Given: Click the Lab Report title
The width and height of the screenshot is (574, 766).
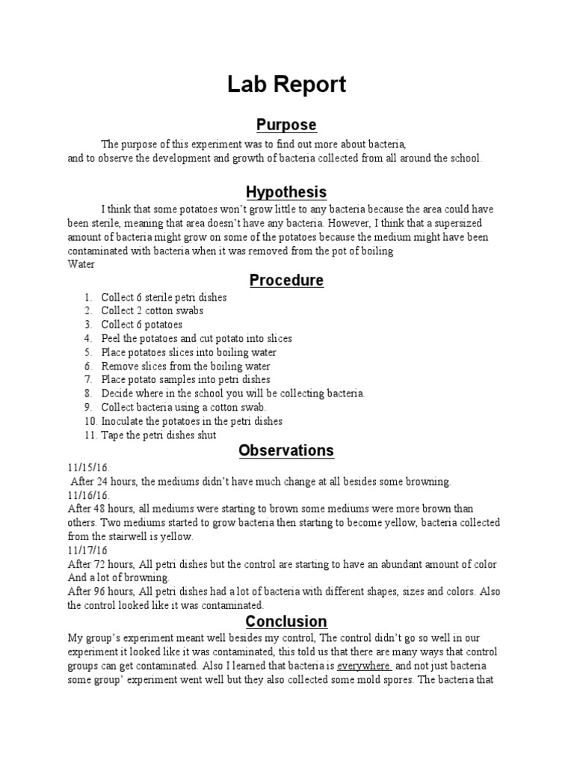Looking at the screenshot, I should coord(286,85).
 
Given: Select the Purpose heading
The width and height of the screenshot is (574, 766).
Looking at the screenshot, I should coord(286,124).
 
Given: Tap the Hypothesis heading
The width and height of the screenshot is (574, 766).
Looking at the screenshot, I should coord(286,192).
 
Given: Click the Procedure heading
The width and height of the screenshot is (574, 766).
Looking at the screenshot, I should coord(286,281).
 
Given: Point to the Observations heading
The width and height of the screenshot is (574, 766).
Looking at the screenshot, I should coord(286,450).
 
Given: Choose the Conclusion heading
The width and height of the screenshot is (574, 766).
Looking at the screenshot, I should coord(286,622).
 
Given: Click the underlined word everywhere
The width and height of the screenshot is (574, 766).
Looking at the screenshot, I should coord(364,665).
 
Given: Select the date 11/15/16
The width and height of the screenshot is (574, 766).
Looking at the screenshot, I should coord(88,468).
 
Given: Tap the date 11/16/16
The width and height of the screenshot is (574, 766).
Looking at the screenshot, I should coord(88,495).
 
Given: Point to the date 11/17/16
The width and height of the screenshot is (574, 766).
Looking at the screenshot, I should coord(87,550).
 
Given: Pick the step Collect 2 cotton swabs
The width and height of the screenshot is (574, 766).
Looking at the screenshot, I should coord(152,310).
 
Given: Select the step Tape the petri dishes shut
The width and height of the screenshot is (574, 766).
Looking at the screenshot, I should coord(158,435).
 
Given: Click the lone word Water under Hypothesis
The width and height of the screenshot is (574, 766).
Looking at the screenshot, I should coord(81,264).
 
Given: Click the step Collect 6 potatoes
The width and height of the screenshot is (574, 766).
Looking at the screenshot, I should coord(142,325).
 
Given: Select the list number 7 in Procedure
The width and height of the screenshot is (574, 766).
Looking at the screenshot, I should coord(88,380).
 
